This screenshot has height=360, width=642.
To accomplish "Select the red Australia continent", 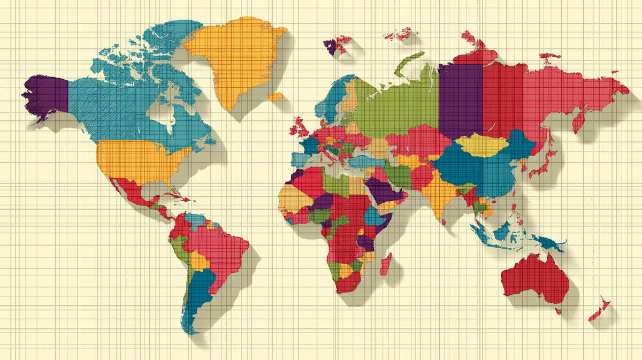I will [535, 278].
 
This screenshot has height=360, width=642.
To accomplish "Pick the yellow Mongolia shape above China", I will [481, 144].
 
